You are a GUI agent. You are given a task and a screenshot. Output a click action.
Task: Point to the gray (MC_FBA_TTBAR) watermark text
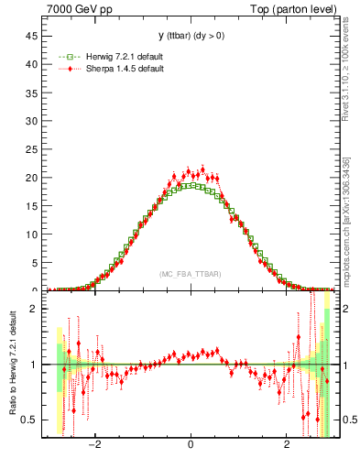[190, 274]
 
